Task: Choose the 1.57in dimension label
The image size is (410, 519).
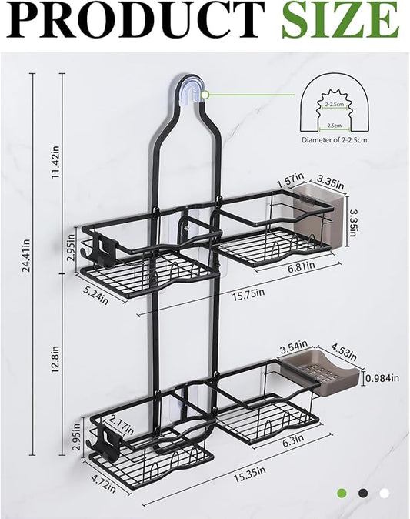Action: (286, 181)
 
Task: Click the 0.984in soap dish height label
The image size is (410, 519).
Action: (382, 378)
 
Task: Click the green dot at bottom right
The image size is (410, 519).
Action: (342, 493)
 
